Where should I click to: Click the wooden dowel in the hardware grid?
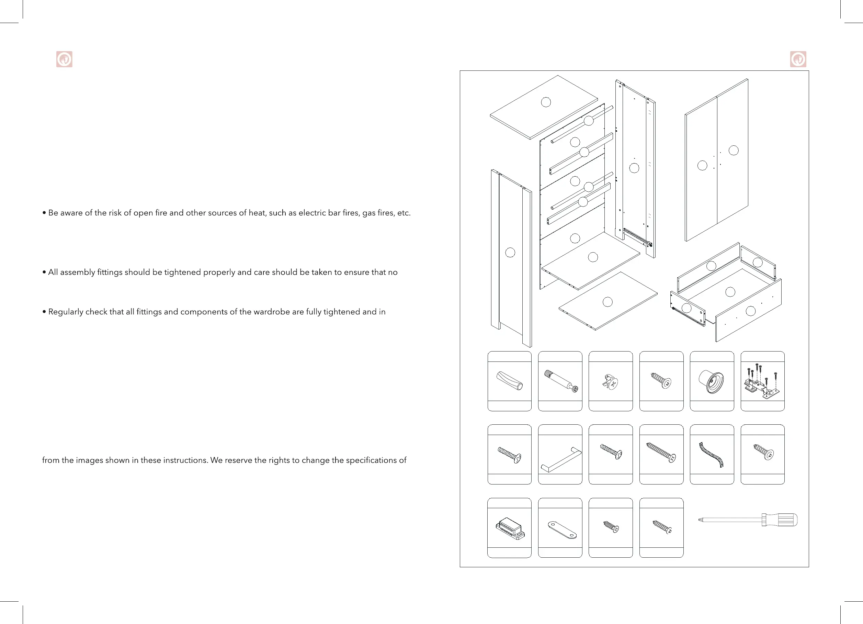click(x=510, y=381)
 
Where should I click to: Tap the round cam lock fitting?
click(x=611, y=382)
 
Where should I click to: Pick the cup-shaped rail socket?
click(x=712, y=381)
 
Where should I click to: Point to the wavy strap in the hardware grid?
click(x=711, y=455)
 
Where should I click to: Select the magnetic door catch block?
click(x=510, y=528)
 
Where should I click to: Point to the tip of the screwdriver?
click(x=700, y=519)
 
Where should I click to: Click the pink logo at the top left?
click(x=64, y=59)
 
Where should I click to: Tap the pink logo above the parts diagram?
click(x=798, y=59)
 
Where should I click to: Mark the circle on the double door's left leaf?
click(x=702, y=166)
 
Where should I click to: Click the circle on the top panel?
click(x=546, y=102)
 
